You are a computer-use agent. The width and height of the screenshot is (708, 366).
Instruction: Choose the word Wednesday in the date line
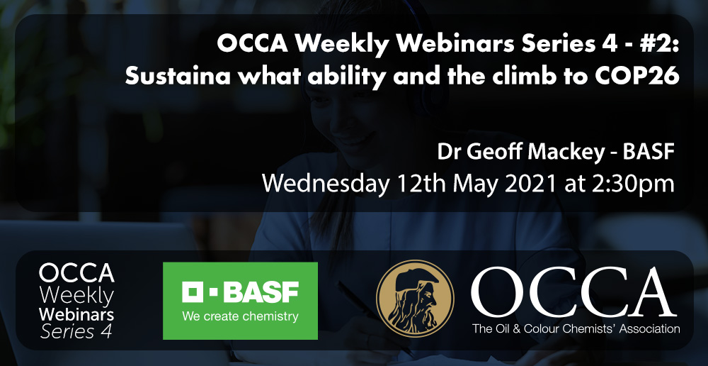pos(325,184)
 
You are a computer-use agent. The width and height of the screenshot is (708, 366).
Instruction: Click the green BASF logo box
pos(240,301)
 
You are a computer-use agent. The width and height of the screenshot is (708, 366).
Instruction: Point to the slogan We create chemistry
pos(240,316)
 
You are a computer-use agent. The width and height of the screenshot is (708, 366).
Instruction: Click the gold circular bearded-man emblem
pos(415,299)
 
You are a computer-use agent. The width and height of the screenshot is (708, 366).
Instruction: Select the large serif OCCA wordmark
pos(573,293)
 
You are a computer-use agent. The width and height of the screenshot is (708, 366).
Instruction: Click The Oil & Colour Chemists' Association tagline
pos(576,328)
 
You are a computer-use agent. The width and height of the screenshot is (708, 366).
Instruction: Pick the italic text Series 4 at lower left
pos(76,331)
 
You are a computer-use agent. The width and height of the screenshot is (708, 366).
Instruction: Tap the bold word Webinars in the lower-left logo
pos(76,314)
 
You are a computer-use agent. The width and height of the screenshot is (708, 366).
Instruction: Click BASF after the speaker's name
pos(649,152)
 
